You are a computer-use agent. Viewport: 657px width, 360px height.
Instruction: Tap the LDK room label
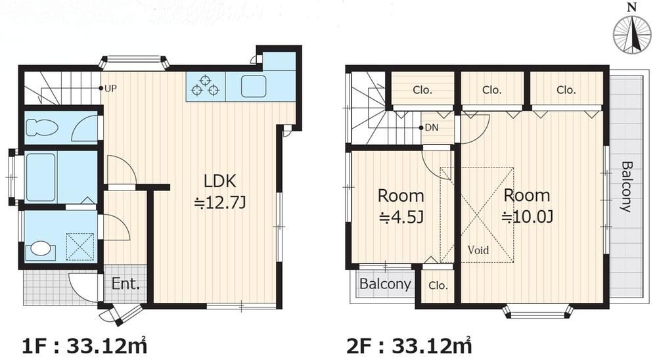click(219, 181)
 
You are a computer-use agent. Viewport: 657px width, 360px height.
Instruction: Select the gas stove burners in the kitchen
click(205, 86)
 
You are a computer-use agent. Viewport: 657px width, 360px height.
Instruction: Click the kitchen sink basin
click(254, 86)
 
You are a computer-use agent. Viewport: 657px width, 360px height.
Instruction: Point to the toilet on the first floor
click(41, 127)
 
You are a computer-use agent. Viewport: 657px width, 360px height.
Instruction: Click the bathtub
click(41, 177)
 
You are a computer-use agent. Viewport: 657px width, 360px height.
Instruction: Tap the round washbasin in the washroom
click(41, 248)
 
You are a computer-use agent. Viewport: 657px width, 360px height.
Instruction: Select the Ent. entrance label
click(125, 284)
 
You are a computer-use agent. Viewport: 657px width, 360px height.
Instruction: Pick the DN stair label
click(432, 127)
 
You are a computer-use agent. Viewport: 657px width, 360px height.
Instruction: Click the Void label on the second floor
click(478, 250)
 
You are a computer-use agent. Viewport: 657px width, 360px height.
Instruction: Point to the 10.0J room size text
click(528, 217)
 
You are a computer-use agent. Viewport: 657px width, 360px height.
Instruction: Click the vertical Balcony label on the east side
click(626, 187)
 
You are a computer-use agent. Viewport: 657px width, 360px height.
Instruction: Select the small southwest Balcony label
click(385, 284)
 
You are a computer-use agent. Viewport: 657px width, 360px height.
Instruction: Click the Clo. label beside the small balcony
click(438, 286)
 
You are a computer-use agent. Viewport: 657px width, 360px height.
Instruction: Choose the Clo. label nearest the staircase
click(422, 90)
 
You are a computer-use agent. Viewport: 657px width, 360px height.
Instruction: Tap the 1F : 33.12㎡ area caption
click(84, 346)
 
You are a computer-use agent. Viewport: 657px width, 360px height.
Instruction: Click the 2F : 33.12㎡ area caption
click(409, 346)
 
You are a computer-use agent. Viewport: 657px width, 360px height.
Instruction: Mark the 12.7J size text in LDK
click(219, 203)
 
